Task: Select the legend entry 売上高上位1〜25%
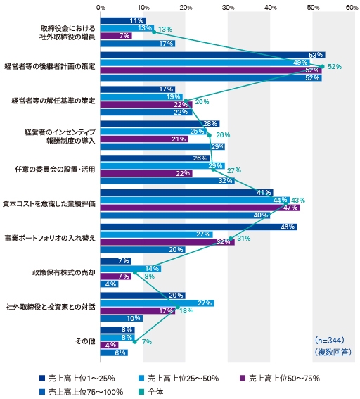[70, 378]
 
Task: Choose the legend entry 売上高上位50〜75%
[281, 378]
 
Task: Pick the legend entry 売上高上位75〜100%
[81, 391]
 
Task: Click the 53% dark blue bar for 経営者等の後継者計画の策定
[211, 55]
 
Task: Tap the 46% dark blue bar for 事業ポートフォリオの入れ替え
[197, 227]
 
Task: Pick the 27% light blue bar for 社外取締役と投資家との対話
[157, 303]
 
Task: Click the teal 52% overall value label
[334, 67]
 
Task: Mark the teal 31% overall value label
[244, 238]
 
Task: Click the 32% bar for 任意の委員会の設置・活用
[167, 181]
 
